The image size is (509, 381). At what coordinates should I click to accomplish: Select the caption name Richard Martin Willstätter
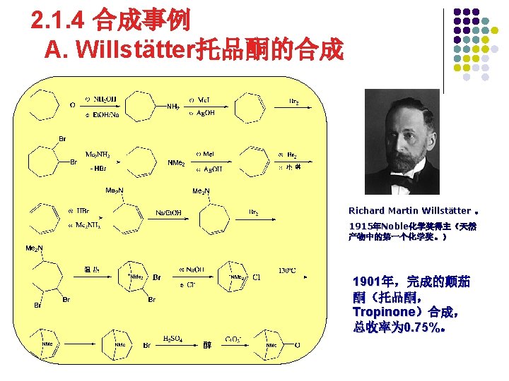coord(409,210)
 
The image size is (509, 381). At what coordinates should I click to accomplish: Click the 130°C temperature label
coord(286,270)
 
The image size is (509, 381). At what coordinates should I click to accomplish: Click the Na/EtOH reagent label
coord(168,213)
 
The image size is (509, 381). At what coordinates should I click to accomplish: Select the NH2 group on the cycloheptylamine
coord(172,107)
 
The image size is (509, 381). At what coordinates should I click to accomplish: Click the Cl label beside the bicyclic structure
coord(257,277)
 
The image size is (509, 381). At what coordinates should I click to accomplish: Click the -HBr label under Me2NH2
coord(98,169)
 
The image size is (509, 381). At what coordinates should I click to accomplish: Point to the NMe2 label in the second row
coord(176,163)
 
